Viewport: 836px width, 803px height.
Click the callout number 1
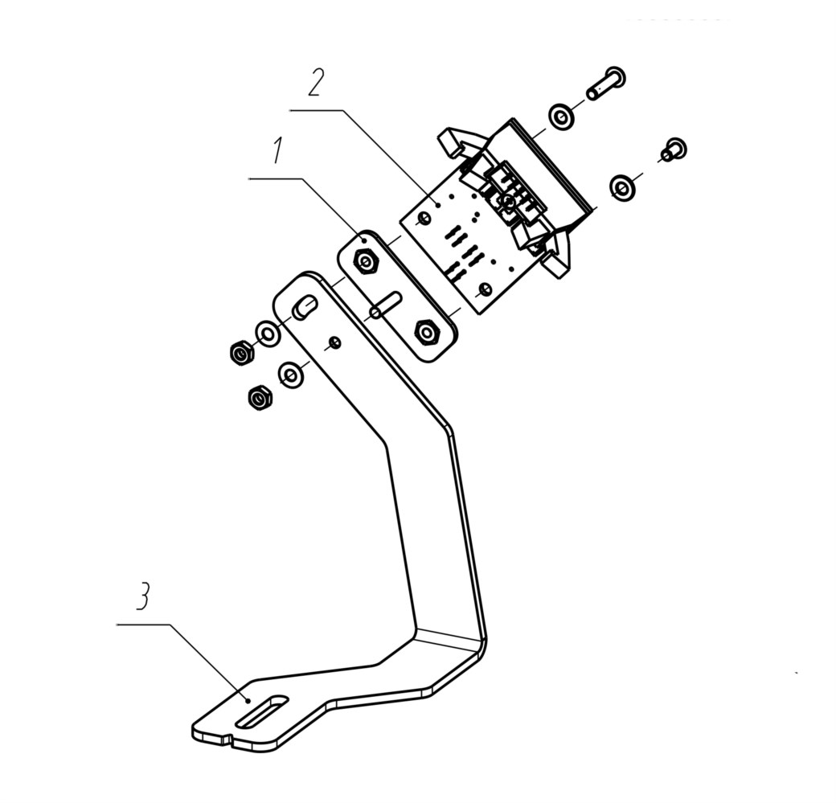tap(277, 150)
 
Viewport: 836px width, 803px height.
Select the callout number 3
tap(142, 596)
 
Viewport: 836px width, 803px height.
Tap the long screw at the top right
tap(606, 83)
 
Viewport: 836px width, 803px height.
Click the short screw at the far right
tap(674, 150)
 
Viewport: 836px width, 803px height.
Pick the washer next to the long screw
tap(561, 117)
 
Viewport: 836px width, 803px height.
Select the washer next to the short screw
tap(623, 187)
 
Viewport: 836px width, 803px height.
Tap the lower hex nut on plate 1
tap(427, 333)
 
